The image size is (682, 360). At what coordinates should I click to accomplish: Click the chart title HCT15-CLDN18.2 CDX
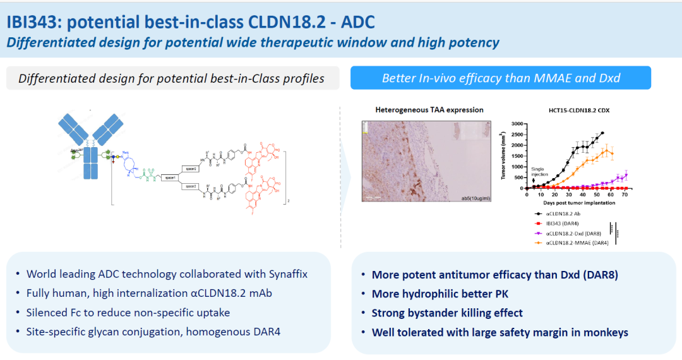click(x=570, y=110)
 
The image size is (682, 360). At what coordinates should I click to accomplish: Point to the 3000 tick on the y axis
click(x=518, y=124)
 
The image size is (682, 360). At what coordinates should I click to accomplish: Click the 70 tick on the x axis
click(x=625, y=196)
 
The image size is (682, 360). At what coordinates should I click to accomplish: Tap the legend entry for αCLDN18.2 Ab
click(x=565, y=215)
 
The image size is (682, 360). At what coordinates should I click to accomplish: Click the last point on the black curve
click(x=602, y=133)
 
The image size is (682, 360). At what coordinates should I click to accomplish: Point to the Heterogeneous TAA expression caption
click(x=429, y=110)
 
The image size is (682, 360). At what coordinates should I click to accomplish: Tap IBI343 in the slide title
click(x=33, y=23)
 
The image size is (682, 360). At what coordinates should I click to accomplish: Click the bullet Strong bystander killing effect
click(x=446, y=313)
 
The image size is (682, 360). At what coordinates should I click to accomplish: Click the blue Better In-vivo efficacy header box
click(x=501, y=78)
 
